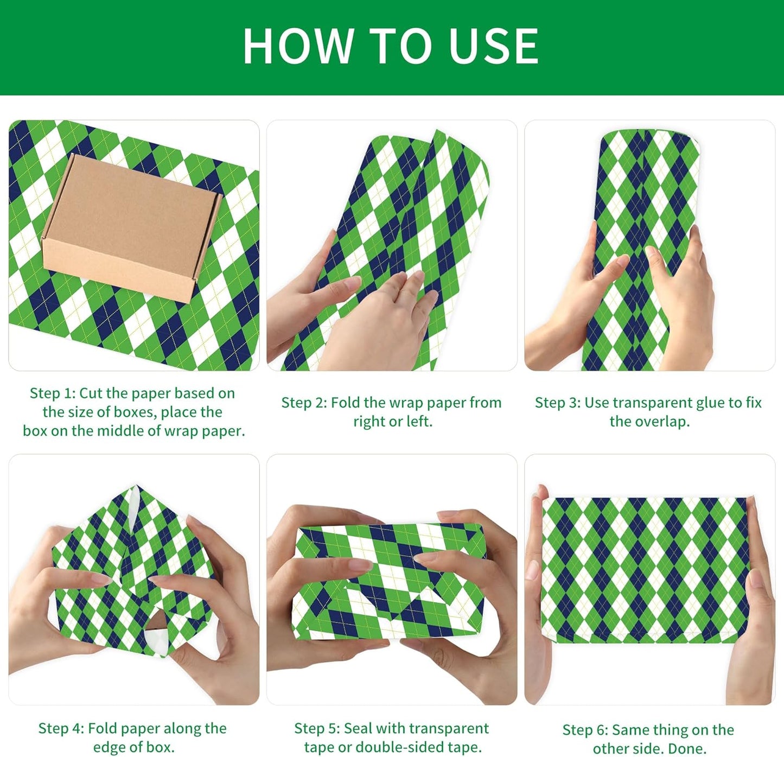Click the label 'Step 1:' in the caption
coord(53,393)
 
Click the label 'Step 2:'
coord(304,403)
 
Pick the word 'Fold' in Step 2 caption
coord(346,403)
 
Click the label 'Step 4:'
coord(61,728)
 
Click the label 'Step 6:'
coord(585,730)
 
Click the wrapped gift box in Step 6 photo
coord(645,570)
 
